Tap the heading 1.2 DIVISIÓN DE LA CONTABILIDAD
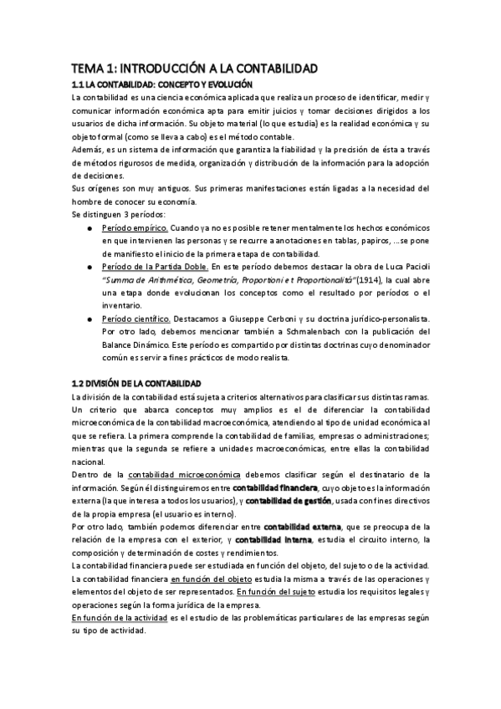pos(136,382)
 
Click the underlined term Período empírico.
pos(134,228)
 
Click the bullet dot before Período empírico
pos(89,228)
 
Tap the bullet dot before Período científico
pos(89,319)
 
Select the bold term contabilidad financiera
pos(274,487)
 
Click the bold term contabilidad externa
pos(302,528)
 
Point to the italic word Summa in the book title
pos(121,280)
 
